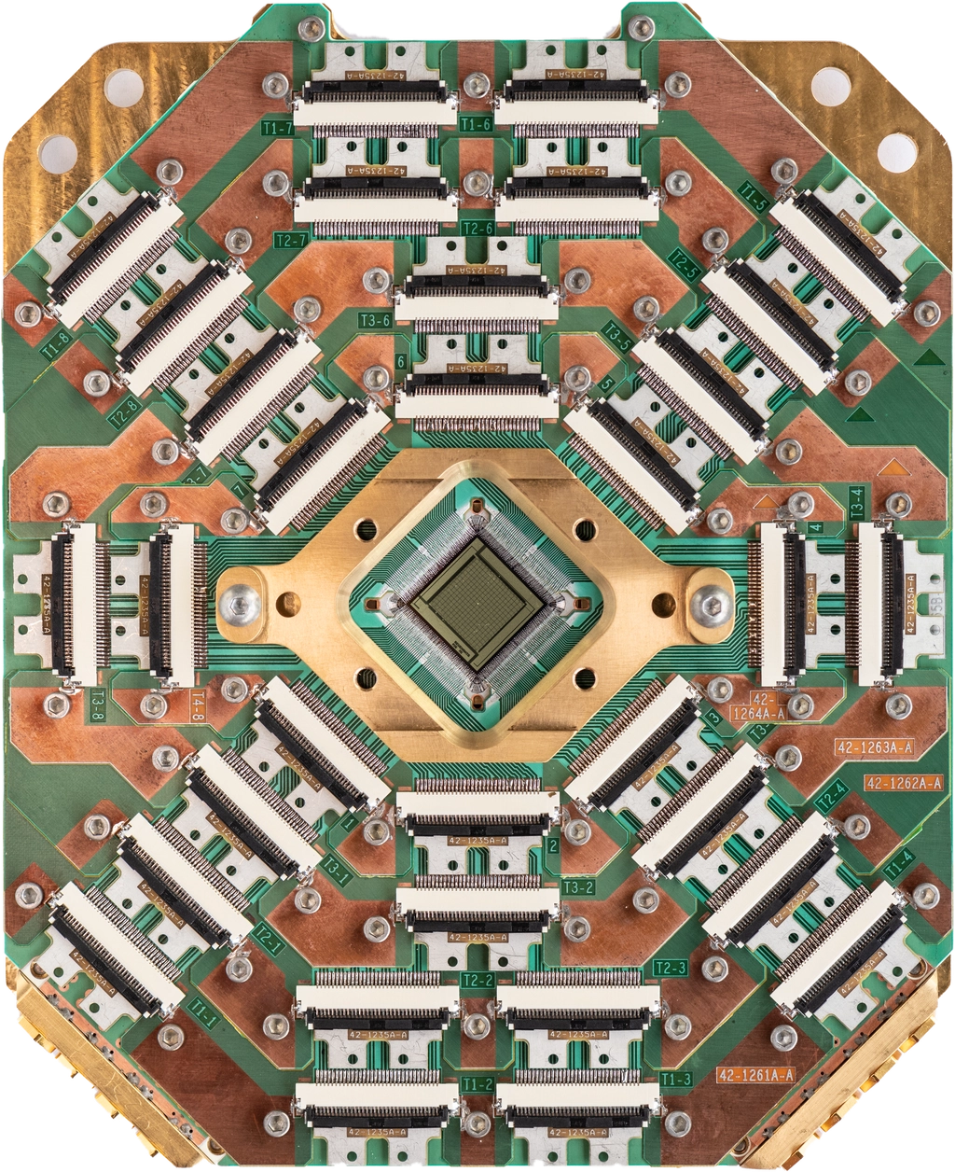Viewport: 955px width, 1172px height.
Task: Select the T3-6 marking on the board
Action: click(374, 321)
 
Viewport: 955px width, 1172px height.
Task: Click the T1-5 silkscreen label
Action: click(753, 196)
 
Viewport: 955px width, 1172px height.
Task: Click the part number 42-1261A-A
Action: click(755, 1075)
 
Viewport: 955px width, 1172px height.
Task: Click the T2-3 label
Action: click(671, 968)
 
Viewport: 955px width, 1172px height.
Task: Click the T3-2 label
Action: click(578, 886)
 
